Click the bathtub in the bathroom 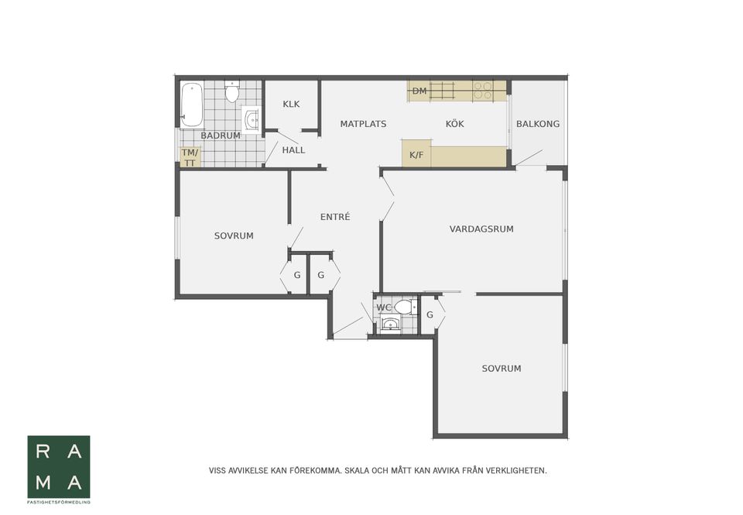191,105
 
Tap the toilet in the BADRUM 231,91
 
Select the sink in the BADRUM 251,119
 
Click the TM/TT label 190,157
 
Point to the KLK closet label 291,104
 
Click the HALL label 293,150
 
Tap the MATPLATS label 363,124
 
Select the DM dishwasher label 419,91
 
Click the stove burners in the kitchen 483,91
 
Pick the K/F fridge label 416,155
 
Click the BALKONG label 538,124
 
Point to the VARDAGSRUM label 481,229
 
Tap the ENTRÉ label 335,217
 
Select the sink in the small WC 390,324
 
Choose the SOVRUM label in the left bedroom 234,235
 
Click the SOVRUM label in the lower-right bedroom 502,369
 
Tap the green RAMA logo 59,467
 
